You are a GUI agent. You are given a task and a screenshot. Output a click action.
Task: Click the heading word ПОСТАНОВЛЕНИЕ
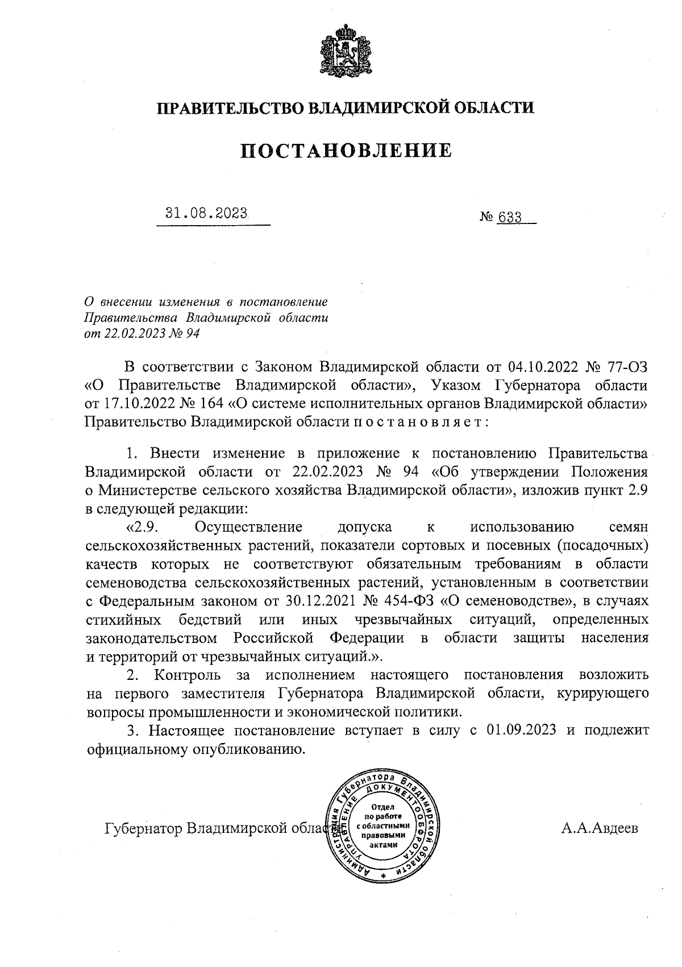(346, 151)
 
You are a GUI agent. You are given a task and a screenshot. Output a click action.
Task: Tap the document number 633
(510, 217)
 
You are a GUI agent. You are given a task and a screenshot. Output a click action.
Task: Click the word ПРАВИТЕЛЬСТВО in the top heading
(228, 107)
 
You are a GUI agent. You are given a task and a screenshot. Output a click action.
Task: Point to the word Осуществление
(248, 527)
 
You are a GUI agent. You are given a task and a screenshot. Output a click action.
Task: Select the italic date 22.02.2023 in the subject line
(130, 334)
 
